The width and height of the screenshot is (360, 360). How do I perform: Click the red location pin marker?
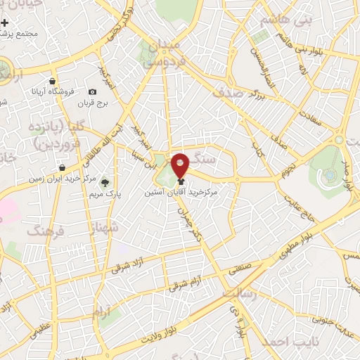tap(181, 165)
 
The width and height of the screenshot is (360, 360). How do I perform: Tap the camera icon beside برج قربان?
tap(92, 92)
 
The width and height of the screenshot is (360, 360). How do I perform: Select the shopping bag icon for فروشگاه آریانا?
tap(53, 81)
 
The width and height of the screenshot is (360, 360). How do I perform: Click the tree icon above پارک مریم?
tap(105, 182)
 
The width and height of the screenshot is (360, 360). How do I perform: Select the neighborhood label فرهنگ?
tap(44, 230)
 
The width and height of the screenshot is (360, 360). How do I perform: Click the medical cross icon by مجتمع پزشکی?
tap(5, 23)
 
